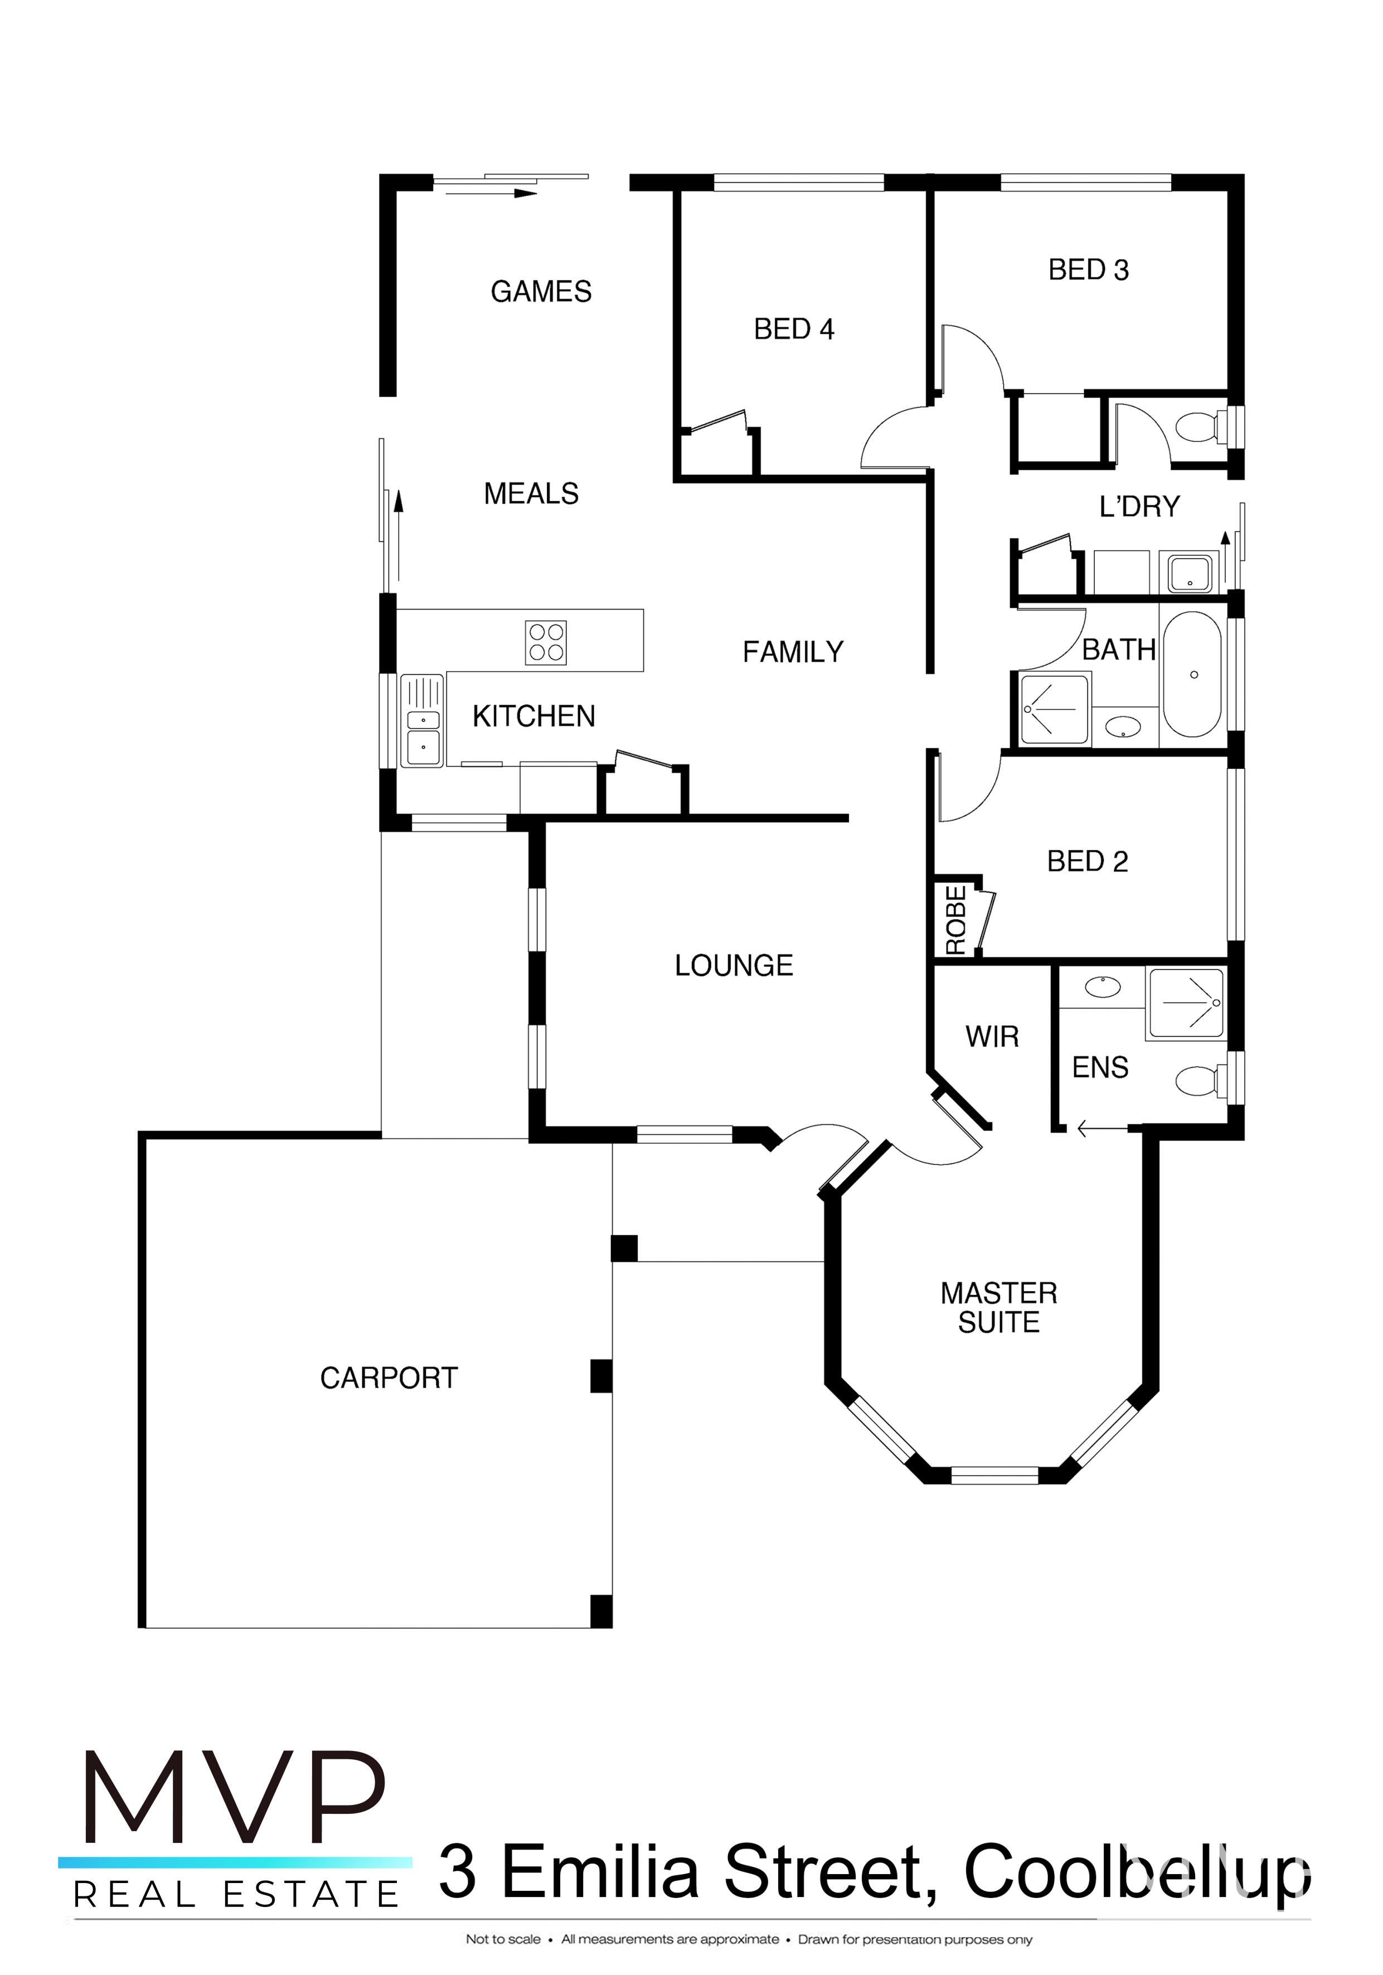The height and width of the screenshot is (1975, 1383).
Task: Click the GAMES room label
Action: click(540, 292)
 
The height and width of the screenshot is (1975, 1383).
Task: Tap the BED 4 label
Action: click(793, 329)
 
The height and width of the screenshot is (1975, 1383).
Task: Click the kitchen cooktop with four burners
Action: click(546, 643)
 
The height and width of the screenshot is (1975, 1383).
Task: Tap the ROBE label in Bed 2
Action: click(955, 920)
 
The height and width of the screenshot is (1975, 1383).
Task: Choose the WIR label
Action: click(992, 1036)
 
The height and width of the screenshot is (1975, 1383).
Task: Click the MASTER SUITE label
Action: click(998, 1308)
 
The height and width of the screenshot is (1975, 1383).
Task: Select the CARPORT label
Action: click(388, 1378)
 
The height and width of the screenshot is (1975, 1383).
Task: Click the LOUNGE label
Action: click(733, 965)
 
